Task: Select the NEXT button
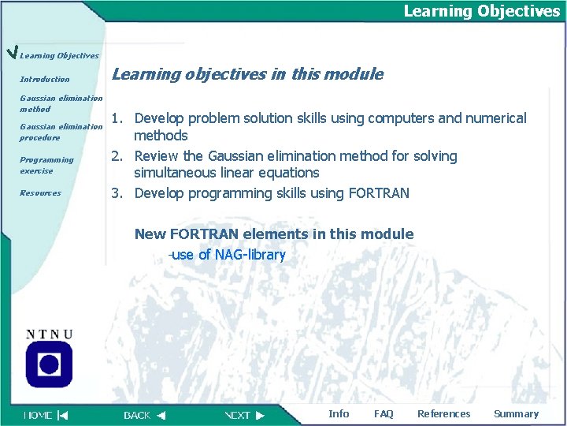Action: click(245, 415)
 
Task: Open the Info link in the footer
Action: click(339, 413)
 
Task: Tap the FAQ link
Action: click(384, 413)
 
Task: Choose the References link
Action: click(443, 413)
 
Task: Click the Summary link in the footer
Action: click(516, 413)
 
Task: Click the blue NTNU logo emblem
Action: click(49, 364)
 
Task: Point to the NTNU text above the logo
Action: click(49, 334)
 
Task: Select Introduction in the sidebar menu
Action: click(45, 79)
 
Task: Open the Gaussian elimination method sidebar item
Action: click(61, 103)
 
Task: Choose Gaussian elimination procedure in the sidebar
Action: click(61, 132)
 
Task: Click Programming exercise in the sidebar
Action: click(46, 165)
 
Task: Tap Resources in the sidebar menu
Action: click(40, 192)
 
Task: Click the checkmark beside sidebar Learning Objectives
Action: click(10, 53)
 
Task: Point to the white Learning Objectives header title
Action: click(481, 11)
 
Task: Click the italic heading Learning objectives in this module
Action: click(247, 74)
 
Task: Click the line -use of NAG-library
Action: click(227, 255)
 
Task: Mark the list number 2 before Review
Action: click(116, 155)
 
